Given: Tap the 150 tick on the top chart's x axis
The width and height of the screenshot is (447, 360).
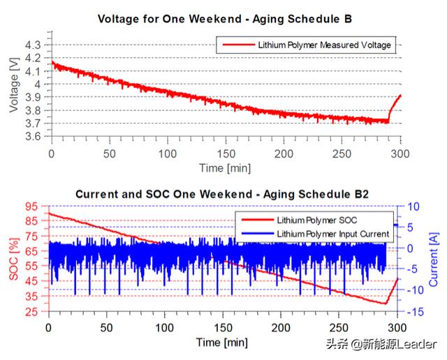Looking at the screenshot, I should click(226, 153).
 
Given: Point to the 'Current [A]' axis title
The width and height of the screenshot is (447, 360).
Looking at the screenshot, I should click(434, 259).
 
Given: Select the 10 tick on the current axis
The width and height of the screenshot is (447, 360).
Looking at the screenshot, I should click(413, 206).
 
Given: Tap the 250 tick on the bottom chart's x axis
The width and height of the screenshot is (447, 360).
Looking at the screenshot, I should click(339, 329).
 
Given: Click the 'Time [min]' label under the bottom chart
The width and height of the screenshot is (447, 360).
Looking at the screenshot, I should click(222, 343).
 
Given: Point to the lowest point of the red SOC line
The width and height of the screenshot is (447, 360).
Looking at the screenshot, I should click(385, 303).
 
